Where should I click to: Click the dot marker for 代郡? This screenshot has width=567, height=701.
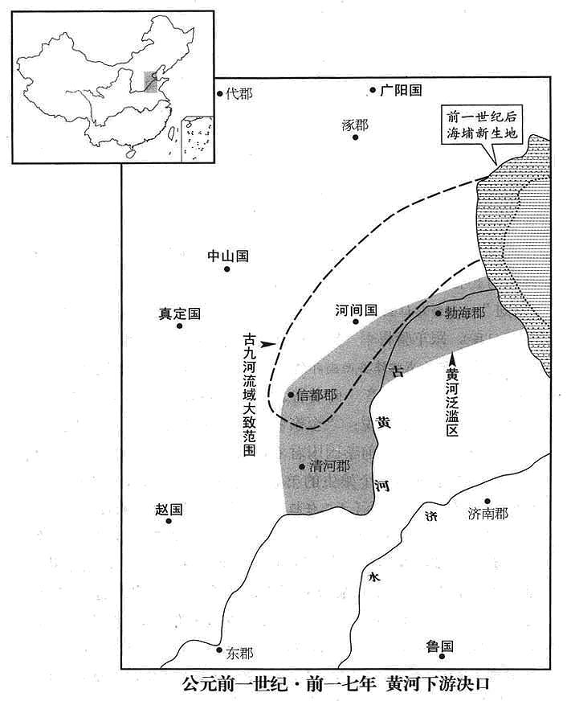pos(220,93)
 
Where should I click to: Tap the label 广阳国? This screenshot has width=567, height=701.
pos(401,90)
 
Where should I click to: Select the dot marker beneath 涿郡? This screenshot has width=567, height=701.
pos(356,137)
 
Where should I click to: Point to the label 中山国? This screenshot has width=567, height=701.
pos(228,256)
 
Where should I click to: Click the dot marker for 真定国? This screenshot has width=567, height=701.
pos(179,326)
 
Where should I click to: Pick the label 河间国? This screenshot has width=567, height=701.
pos(357,310)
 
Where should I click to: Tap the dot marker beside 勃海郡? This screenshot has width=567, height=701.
pos(439,313)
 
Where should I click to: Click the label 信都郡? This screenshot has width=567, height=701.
pos(316,396)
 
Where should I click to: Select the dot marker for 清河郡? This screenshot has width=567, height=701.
pos(302,467)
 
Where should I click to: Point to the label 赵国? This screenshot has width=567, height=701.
pos(169,510)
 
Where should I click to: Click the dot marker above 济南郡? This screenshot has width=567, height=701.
pos(487,501)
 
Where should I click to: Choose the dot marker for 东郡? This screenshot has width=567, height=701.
pos(218,650)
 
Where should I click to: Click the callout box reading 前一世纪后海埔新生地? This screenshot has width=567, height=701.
pos(481,125)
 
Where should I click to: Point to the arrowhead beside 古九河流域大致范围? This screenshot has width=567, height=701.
pos(267,344)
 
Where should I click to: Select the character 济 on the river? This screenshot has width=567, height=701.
pos(430,517)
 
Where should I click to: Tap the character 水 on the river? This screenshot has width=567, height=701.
pos(374,577)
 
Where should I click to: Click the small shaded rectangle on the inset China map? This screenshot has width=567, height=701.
pos(151,81)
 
